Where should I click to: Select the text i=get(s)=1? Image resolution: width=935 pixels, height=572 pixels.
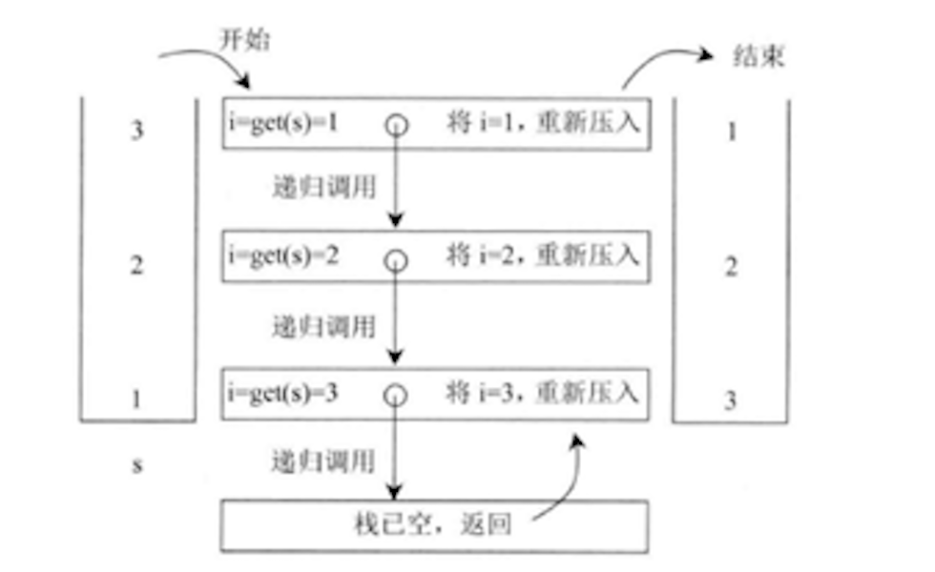click(x=283, y=125)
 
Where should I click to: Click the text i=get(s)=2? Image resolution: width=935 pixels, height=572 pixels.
click(x=283, y=256)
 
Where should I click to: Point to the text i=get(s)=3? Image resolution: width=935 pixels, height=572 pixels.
click(x=283, y=392)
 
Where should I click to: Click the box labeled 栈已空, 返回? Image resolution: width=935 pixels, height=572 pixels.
click(x=435, y=525)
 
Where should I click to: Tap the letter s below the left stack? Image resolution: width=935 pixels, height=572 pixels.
click(x=136, y=466)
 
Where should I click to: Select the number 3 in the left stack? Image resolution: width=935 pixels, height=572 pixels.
click(x=136, y=131)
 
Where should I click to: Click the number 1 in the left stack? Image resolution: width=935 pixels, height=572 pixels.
click(x=136, y=398)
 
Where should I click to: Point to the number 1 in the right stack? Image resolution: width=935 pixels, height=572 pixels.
click(x=732, y=131)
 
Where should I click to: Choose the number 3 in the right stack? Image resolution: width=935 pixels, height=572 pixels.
click(x=731, y=400)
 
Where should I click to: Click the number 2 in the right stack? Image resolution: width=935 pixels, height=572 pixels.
click(x=732, y=267)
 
